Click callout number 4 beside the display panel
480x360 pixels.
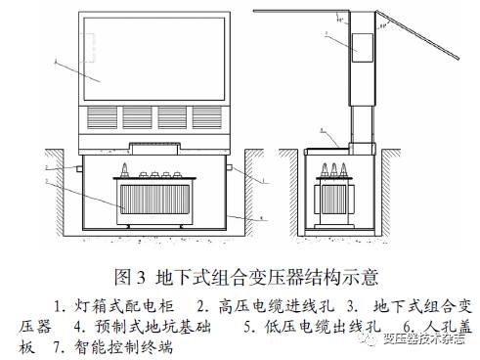point(58,61)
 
